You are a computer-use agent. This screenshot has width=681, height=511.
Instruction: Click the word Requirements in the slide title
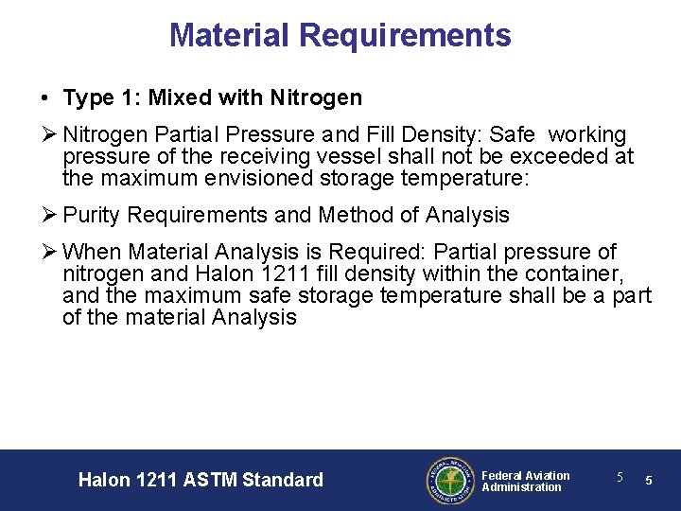(405, 35)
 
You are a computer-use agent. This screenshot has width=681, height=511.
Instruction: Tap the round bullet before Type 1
(45, 98)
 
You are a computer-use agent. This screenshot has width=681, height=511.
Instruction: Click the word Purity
(92, 215)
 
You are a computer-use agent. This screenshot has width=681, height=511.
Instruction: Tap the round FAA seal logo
(448, 480)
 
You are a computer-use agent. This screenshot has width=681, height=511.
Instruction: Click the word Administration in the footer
(521, 487)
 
